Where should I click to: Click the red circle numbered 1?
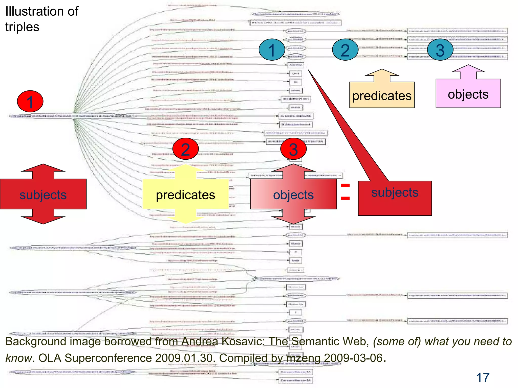30,102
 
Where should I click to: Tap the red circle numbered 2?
185,149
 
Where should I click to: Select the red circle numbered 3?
293,149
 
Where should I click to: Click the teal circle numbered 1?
272,50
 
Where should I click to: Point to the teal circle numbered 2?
345,50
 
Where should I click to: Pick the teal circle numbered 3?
440,50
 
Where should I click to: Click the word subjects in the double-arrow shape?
43,195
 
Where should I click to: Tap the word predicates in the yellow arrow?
185,195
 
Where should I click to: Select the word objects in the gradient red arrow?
293,195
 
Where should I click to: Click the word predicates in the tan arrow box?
382,96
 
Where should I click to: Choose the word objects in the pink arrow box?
468,94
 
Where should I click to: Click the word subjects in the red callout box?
395,192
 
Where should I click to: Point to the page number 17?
483,378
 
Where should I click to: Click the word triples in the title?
22,27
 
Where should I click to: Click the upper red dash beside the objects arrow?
345,186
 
